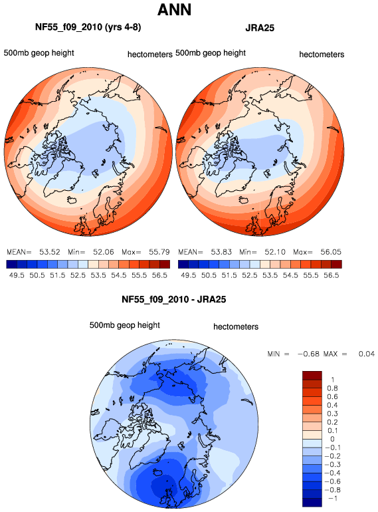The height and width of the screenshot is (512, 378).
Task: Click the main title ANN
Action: pos(174,9)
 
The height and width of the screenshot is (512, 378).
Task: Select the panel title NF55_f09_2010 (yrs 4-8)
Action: pos(88,27)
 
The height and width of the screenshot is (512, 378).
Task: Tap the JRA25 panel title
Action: pos(260,28)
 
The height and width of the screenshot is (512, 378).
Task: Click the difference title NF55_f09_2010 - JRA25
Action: pos(174,299)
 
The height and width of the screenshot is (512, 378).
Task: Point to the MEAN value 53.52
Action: pos(50,252)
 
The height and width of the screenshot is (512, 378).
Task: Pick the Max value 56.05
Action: pos(331,252)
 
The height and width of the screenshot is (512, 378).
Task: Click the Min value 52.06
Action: pos(104,252)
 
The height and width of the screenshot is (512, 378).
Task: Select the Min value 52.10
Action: pos(275,252)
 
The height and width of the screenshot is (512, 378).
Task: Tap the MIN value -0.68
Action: pos(308,354)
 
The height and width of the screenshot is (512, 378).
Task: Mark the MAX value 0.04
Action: pos(367,354)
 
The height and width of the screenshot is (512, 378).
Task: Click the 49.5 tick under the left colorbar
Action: pos(17,275)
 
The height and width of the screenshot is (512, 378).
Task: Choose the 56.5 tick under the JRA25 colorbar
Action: pos(331,275)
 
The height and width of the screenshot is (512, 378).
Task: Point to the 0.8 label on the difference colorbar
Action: pos(332,388)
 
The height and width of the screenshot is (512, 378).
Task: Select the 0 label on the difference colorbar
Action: pos(332,439)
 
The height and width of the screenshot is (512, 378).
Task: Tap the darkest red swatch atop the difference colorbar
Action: pos(312,375)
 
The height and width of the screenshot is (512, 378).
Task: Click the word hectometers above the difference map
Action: pos(236,327)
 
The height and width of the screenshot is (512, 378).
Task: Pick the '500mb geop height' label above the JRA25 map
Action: pos(211,53)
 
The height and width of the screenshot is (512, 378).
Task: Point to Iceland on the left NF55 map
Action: pos(72,199)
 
